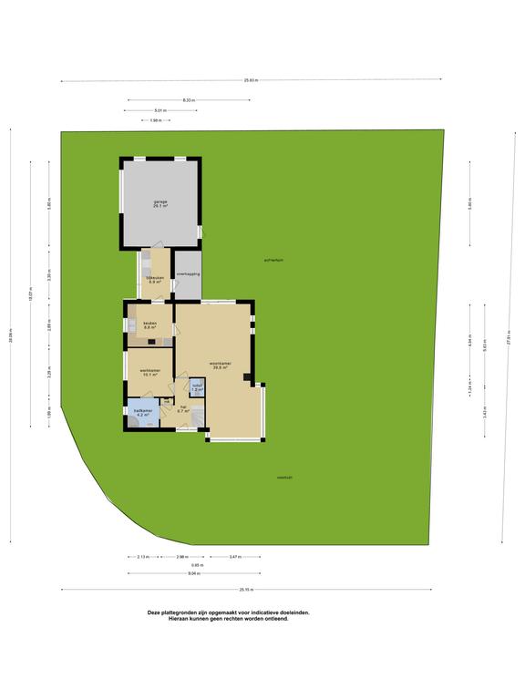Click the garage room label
coord(160,203)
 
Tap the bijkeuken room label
coord(155,280)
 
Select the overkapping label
coord(189,273)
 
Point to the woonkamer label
coord(220,365)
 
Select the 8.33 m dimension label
coord(188,98)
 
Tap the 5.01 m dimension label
coord(160,109)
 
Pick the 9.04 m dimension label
coord(193,573)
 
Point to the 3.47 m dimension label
coord(235,556)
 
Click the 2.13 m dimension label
coord(144,556)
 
